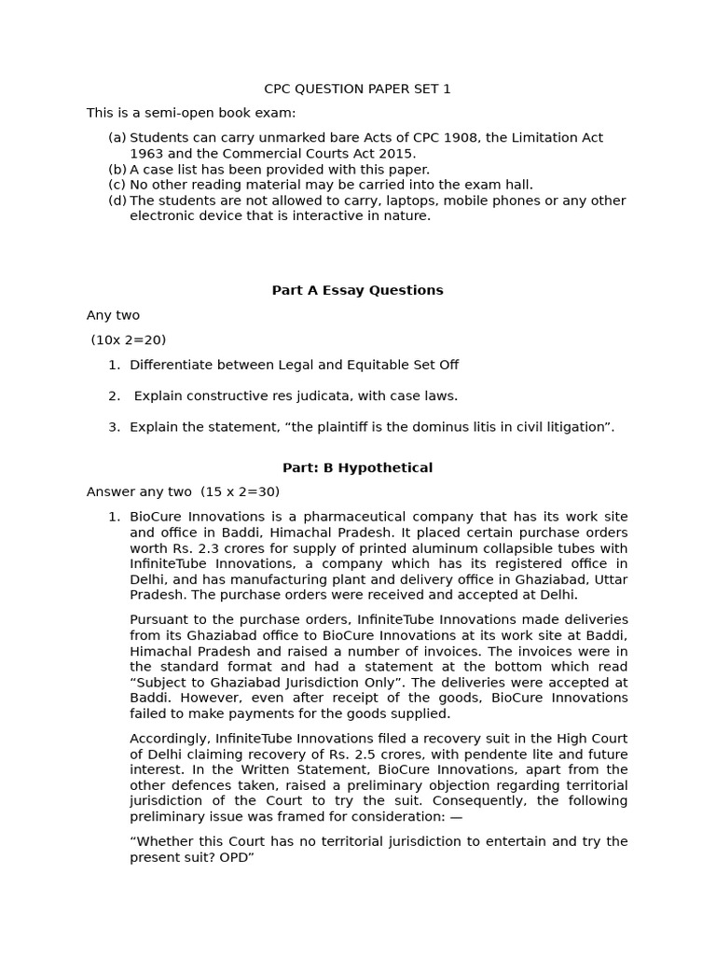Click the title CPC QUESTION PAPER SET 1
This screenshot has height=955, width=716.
(x=357, y=89)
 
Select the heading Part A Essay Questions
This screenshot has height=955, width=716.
(x=357, y=290)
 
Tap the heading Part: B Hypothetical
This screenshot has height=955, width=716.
(x=357, y=467)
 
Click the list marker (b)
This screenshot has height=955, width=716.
(x=117, y=170)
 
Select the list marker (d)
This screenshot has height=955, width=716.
(x=117, y=201)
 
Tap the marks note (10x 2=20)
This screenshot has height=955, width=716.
(x=129, y=339)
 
